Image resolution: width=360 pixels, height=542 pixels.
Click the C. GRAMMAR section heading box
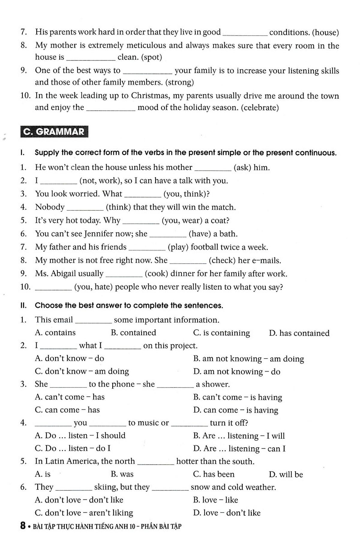[54, 132]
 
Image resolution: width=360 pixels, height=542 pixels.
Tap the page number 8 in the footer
[23, 526]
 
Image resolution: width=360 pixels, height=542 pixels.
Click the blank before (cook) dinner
[124, 274]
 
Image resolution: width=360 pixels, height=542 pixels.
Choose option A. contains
[55, 333]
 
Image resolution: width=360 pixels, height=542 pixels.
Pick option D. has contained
[299, 333]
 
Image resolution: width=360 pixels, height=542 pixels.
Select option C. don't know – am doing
[82, 371]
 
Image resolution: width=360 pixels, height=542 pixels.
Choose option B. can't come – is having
[238, 397]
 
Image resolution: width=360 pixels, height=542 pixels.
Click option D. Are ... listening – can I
[239, 449]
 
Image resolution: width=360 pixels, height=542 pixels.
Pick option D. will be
[286, 475]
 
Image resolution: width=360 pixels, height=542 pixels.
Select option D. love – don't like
[227, 513]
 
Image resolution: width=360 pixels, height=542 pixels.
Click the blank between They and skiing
[74, 488]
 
